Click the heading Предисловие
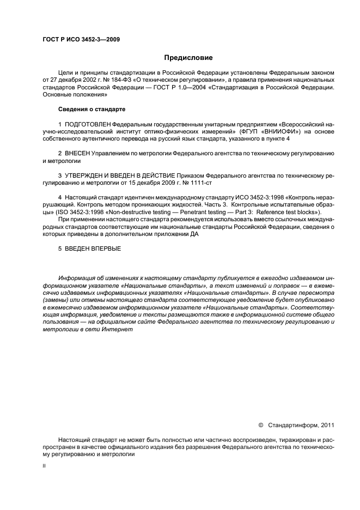click(x=189, y=58)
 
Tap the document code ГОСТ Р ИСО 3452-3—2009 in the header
click(x=81, y=39)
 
